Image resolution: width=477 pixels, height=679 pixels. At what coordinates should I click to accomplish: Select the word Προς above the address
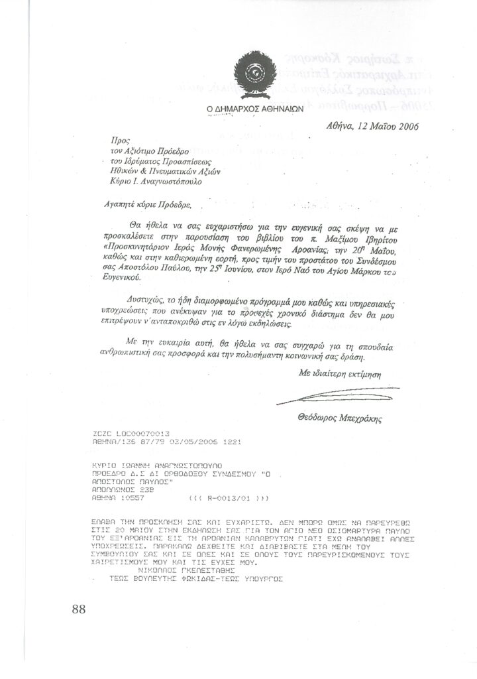coord(118,141)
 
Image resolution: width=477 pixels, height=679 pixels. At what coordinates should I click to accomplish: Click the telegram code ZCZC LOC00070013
coord(123,432)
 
